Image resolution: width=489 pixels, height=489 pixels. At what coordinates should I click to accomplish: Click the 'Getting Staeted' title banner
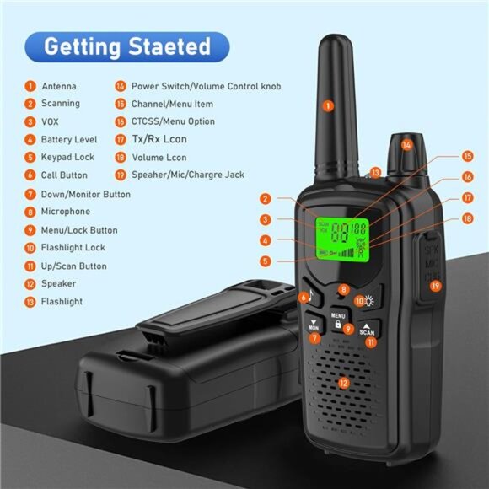[126, 46]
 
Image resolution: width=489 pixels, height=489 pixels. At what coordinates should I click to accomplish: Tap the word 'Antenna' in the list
[58, 86]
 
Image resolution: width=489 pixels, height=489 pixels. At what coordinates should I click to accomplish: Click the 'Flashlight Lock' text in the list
[73, 248]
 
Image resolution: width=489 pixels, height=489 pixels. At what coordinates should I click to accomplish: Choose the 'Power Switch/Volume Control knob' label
[206, 86]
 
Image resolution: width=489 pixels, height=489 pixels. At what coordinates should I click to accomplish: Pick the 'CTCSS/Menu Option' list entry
[173, 121]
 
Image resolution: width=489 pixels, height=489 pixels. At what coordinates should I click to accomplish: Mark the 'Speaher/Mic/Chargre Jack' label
[188, 175]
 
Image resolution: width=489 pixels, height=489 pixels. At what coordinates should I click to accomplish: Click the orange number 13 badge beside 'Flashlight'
[30, 302]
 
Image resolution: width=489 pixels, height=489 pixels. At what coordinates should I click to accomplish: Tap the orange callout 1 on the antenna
[328, 106]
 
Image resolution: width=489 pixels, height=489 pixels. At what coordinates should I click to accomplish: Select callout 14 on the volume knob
[406, 145]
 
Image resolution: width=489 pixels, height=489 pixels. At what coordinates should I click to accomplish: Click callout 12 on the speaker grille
[343, 384]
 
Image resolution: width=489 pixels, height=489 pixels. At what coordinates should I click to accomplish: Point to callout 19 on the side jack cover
[435, 286]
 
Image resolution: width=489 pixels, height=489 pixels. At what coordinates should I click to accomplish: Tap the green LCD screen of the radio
[342, 237]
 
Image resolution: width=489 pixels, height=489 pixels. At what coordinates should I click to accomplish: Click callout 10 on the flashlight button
[358, 299]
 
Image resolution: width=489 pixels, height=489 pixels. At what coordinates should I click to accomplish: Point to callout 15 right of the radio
[466, 156]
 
